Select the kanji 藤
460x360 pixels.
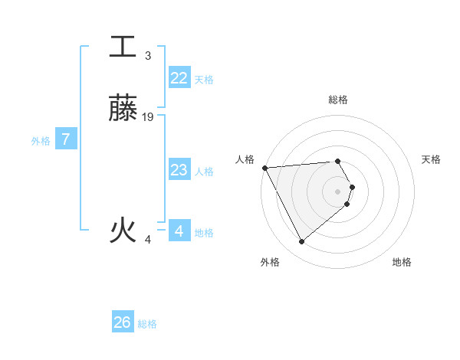pyautogui.click(x=123, y=107)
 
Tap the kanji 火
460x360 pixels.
pyautogui.click(x=123, y=230)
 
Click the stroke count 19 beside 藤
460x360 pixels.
pyautogui.click(x=148, y=117)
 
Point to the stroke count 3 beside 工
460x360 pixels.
pyautogui.click(x=148, y=56)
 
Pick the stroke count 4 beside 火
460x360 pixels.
pyautogui.click(x=148, y=240)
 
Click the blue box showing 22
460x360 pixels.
pyautogui.click(x=179, y=78)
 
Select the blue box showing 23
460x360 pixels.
pyautogui.click(x=179, y=170)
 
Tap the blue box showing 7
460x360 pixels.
pyautogui.click(x=66, y=139)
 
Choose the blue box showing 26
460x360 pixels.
pyautogui.click(x=123, y=322)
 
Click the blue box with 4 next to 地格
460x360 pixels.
pyautogui.click(x=179, y=231)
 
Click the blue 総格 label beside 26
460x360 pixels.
pyautogui.click(x=147, y=324)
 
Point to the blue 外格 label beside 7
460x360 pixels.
pyautogui.click(x=41, y=141)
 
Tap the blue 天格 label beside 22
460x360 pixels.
pyautogui.click(x=204, y=80)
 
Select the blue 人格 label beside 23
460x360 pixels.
pyautogui.click(x=204, y=172)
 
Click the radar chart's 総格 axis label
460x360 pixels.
pyautogui.click(x=337, y=100)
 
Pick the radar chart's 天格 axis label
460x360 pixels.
pyautogui.click(x=431, y=159)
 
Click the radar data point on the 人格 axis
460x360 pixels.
pyautogui.click(x=264, y=168)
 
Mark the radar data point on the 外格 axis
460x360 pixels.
pyautogui.click(x=301, y=242)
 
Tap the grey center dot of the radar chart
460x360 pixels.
pyautogui.click(x=338, y=191)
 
